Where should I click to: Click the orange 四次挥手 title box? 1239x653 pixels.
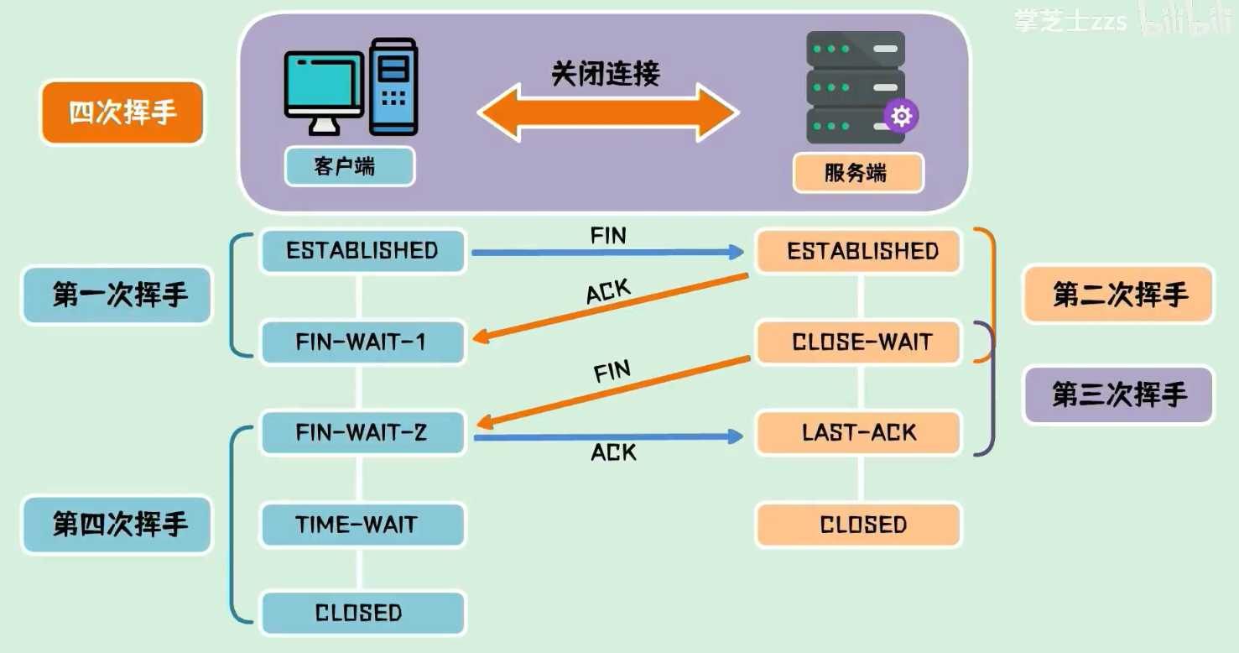(x=122, y=112)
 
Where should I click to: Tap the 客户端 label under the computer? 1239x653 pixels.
(x=349, y=166)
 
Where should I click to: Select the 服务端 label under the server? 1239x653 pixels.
(x=857, y=173)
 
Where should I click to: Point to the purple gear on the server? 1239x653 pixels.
(x=901, y=116)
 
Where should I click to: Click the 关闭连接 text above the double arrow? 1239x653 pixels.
(x=606, y=74)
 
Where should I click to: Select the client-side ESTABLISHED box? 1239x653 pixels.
(x=362, y=251)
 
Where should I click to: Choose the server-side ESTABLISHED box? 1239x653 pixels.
(x=859, y=251)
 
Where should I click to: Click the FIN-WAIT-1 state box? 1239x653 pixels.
(x=362, y=342)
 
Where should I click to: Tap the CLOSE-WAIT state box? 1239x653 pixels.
(x=859, y=342)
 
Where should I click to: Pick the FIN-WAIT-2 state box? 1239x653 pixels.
(x=362, y=433)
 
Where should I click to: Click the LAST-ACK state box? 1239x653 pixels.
(x=859, y=433)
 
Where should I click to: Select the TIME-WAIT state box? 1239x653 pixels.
(x=362, y=525)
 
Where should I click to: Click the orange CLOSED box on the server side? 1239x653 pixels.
(x=859, y=525)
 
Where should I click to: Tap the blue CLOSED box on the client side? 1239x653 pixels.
(x=362, y=613)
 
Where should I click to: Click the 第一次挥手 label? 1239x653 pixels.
(x=117, y=295)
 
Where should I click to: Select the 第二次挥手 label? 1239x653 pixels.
(x=1118, y=295)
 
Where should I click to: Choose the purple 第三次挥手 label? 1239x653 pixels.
(x=1118, y=394)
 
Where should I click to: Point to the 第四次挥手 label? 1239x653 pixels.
(x=117, y=525)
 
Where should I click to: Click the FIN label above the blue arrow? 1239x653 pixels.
(x=608, y=236)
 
